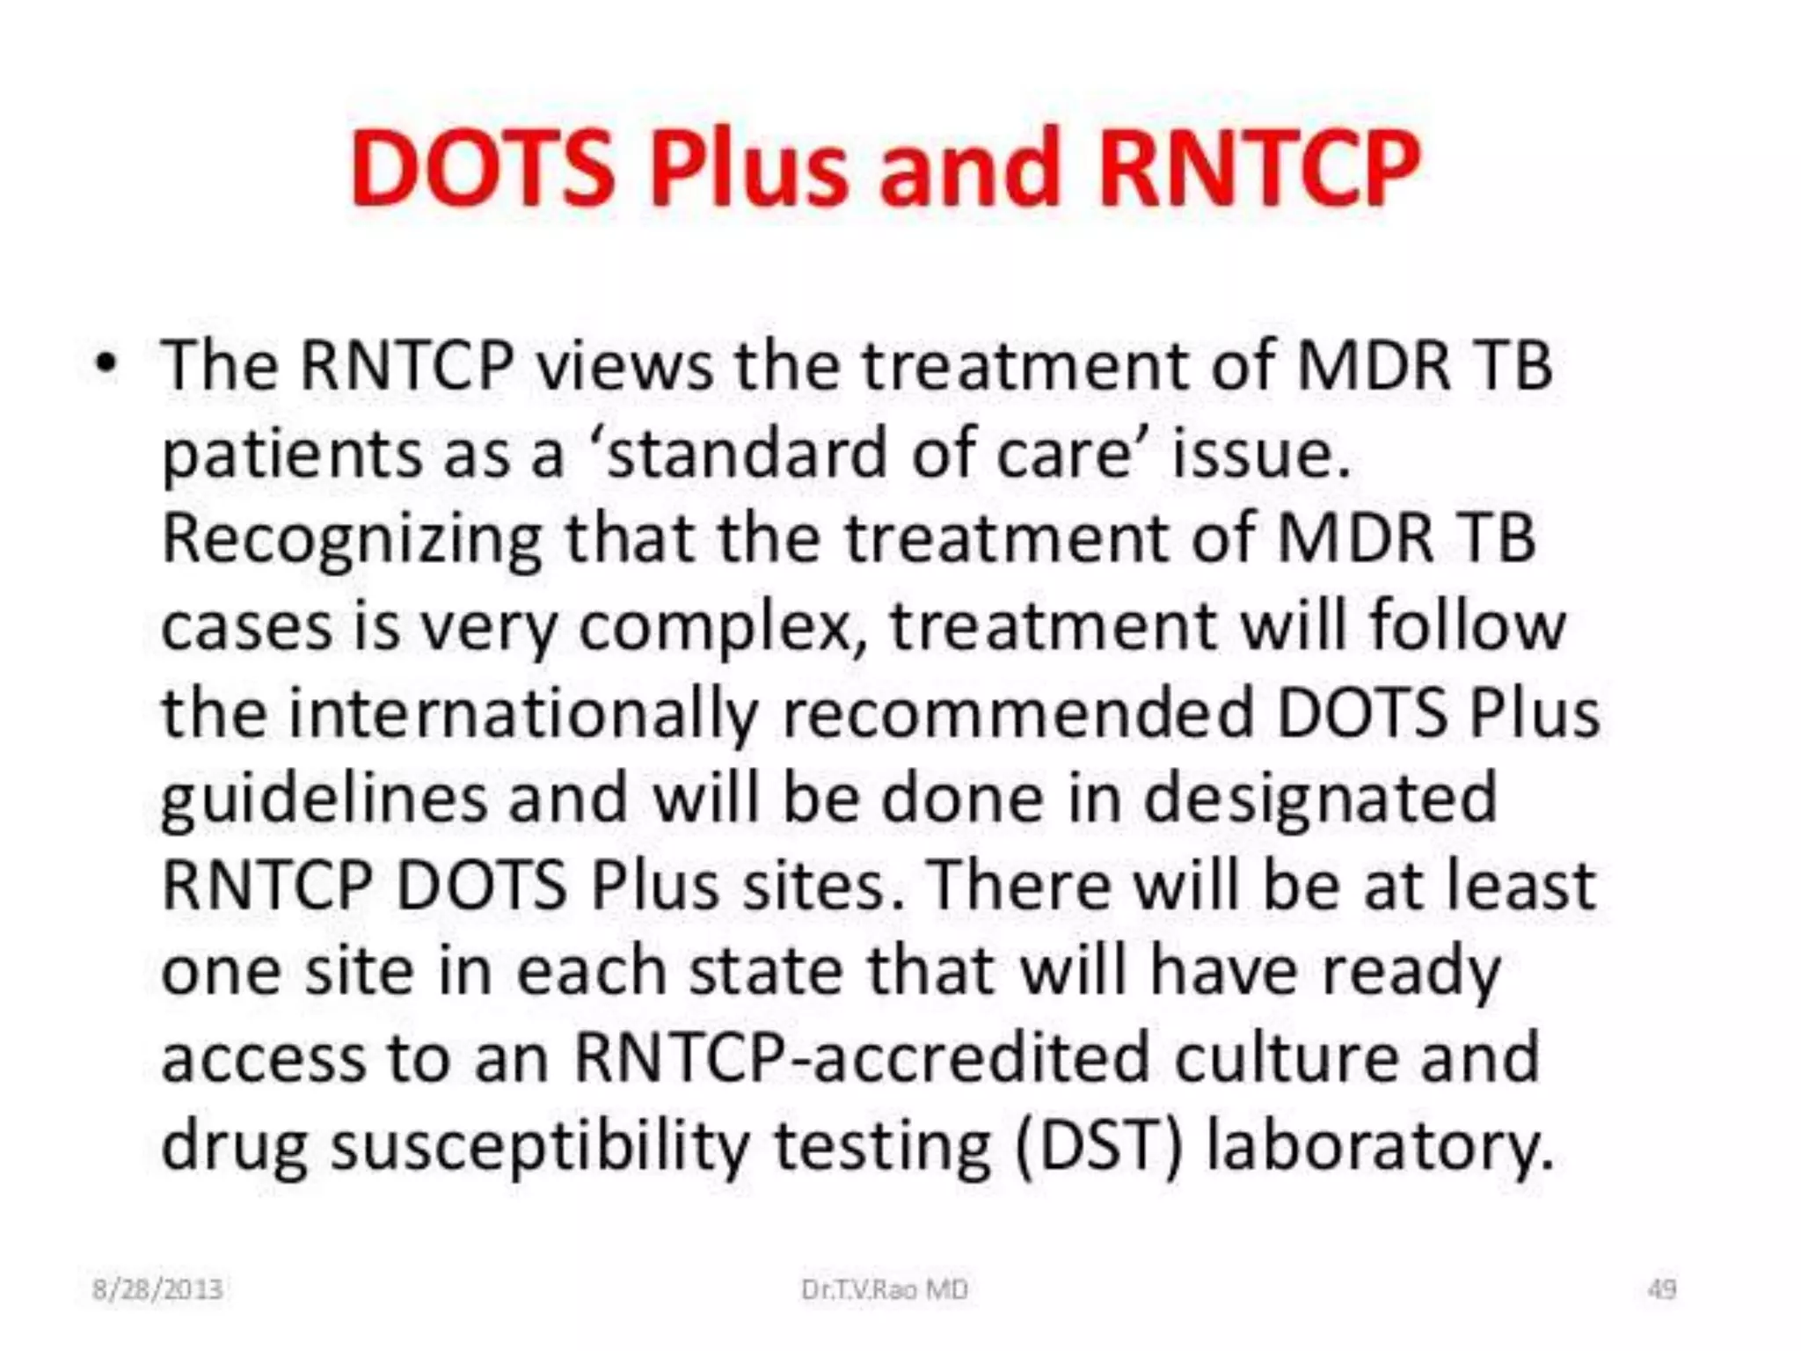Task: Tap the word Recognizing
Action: click(x=352, y=541)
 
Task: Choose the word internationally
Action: click(x=522, y=713)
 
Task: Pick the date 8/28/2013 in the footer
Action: click(x=157, y=1289)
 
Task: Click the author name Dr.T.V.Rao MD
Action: click(x=884, y=1289)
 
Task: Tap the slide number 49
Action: click(x=1661, y=1289)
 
